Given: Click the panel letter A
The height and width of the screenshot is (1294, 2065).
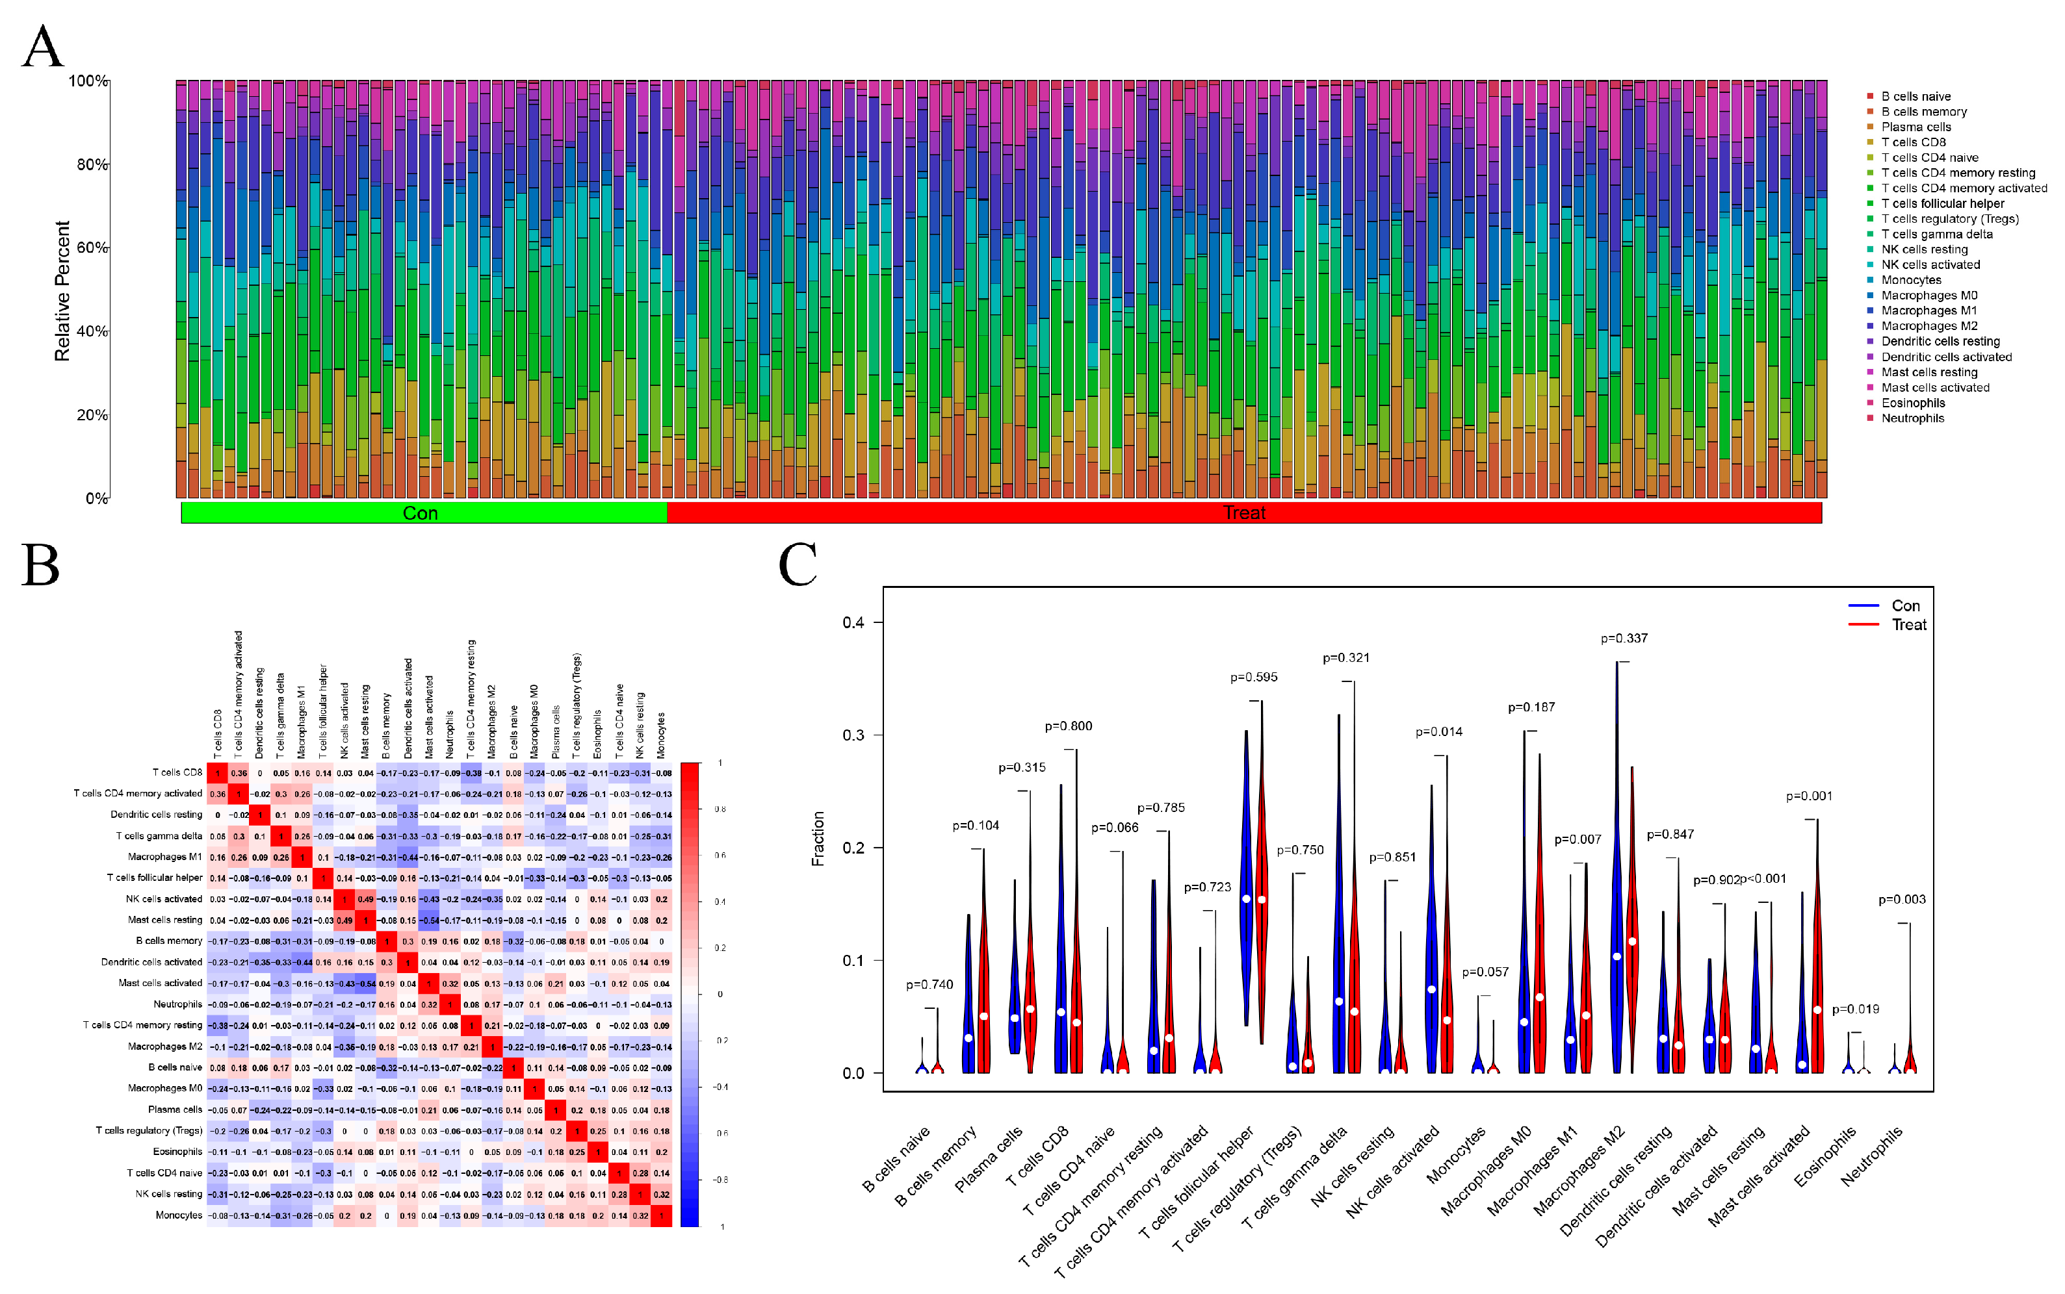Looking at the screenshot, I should pos(43,46).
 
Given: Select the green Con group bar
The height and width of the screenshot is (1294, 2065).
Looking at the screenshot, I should pos(423,513).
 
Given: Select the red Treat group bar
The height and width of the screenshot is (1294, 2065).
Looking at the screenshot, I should pos(1243,513).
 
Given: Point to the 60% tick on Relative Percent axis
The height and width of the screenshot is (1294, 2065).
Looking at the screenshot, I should pos(92,247).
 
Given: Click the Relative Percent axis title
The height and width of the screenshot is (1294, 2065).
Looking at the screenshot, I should pos(62,291).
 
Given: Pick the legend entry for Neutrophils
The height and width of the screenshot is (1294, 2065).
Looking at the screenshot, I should pos(1912,418).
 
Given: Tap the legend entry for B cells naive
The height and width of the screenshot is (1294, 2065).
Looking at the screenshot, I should pos(1915,97).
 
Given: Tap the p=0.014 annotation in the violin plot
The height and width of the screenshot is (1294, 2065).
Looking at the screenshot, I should pos(1438,731).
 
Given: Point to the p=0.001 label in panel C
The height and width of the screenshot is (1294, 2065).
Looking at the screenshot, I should pos(1808,796).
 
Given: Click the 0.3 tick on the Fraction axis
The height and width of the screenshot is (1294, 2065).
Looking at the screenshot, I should pos(853,735).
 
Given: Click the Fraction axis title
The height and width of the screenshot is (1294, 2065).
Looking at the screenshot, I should pos(818,839).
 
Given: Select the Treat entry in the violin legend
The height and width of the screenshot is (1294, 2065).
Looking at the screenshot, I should pos(1908,625).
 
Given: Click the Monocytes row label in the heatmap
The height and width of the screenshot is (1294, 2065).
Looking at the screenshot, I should pos(178,1215).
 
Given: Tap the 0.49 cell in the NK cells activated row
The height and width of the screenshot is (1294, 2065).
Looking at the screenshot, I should pos(365,898).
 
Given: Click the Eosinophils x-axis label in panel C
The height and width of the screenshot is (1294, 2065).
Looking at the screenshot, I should pos(1825,1157).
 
